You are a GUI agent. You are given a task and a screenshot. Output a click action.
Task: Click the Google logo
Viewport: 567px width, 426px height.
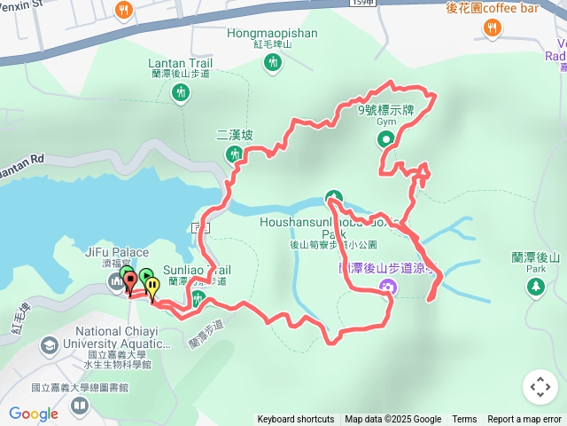(34, 414)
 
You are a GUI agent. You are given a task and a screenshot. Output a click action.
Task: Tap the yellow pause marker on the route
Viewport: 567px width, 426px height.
(152, 286)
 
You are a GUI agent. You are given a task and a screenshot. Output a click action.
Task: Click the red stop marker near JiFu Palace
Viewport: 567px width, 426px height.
(131, 281)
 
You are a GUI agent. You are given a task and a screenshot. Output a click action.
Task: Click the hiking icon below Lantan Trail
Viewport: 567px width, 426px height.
(181, 93)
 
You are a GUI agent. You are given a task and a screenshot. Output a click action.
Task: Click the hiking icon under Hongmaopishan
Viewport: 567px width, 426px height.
(274, 62)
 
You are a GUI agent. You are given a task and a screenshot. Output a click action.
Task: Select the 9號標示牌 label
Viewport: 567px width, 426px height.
(385, 111)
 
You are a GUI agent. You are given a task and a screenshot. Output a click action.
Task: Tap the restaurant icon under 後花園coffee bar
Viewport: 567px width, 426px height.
(491, 28)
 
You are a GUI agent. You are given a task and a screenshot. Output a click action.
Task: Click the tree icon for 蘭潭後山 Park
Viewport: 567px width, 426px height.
(535, 286)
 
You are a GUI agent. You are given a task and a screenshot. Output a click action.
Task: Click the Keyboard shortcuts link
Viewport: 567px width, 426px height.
(296, 420)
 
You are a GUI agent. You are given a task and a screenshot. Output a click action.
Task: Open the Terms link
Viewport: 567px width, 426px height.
(464, 420)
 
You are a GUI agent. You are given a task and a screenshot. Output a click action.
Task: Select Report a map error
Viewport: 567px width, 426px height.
(524, 420)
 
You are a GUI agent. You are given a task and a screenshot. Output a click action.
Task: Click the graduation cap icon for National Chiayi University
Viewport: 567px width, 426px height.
(50, 343)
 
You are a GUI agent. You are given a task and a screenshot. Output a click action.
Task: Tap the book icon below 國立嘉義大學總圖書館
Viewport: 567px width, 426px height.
(80, 406)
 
